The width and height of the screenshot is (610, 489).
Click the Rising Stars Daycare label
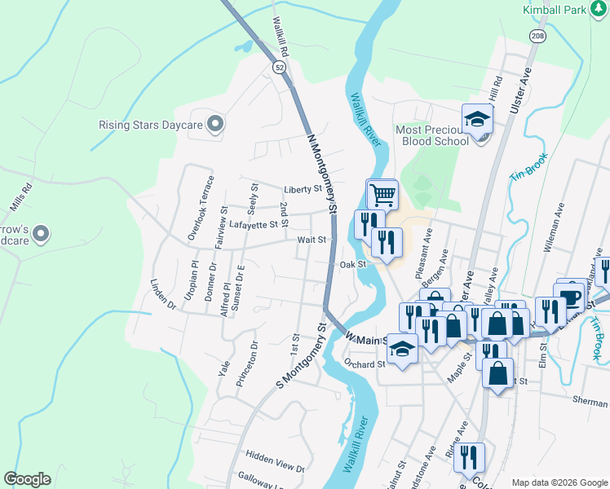pos(149,126)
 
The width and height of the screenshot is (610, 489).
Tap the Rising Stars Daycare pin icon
pos(215,125)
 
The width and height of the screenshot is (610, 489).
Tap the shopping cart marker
pos(382,195)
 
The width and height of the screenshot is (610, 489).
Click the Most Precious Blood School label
pos(432,134)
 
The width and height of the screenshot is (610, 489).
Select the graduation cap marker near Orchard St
pos(402,350)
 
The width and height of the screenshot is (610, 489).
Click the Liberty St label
pos(303,188)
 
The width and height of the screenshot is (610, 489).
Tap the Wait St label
pos(312,240)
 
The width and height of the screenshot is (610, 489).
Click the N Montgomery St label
pos(322,173)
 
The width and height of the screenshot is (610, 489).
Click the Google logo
pos(27,479)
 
